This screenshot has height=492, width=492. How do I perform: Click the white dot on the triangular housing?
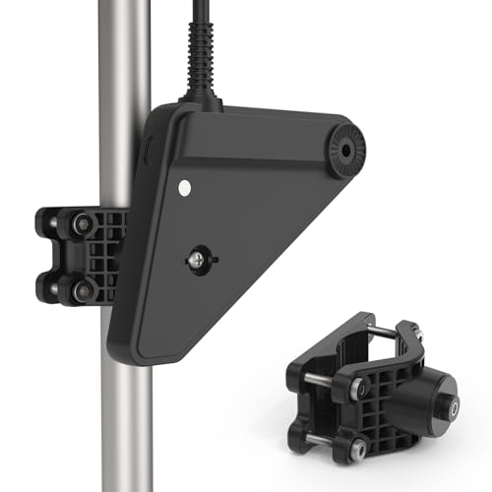[x=184, y=185]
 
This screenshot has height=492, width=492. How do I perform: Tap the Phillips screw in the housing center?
[x=197, y=261]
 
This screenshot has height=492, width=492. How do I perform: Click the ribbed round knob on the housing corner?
[x=347, y=150]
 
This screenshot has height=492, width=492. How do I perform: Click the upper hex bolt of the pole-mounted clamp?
[x=84, y=223]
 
